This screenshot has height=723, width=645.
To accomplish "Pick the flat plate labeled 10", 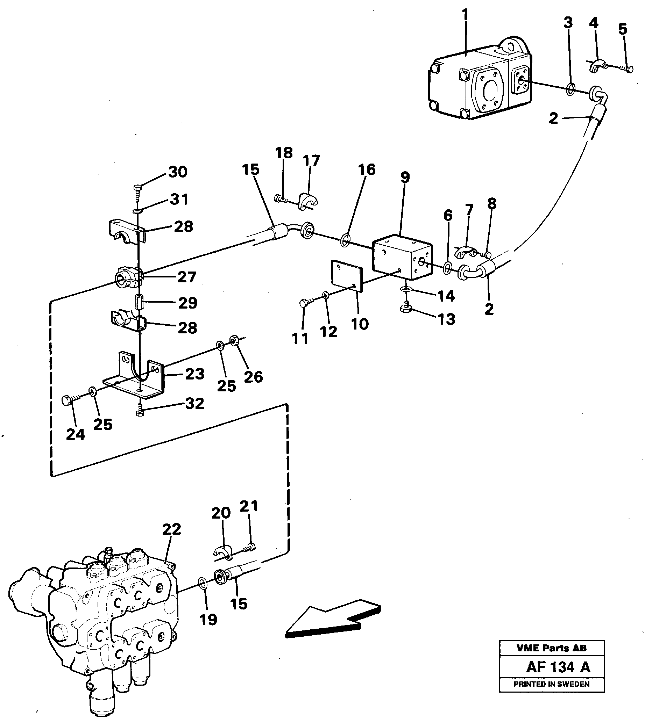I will (347, 276).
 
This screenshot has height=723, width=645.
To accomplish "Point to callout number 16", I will (367, 169).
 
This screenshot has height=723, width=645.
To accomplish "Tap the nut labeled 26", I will (234, 340).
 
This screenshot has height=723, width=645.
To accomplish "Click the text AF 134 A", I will (558, 667).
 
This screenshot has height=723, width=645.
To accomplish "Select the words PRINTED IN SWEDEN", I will (552, 684).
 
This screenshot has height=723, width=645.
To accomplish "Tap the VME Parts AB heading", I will (552, 648).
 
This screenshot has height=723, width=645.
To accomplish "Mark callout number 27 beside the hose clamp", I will (186, 277).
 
